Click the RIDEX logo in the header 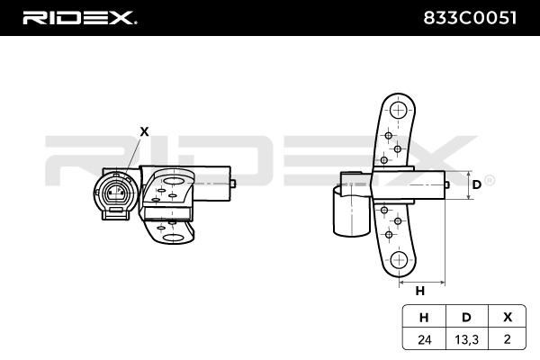[x=79, y=17]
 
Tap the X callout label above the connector [x=144, y=130]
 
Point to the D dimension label [x=476, y=184]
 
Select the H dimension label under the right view [x=419, y=291]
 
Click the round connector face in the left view [x=114, y=193]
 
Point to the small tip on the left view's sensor [x=233, y=184]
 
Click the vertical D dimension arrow [x=467, y=184]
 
